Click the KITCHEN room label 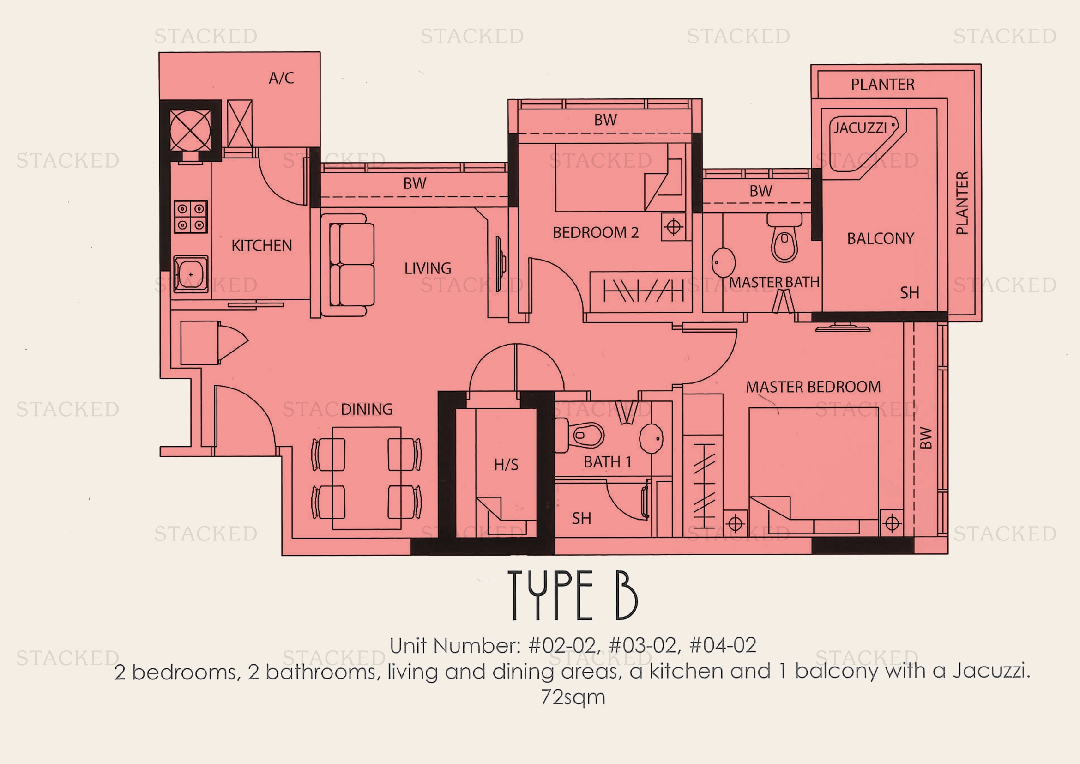coord(261,246)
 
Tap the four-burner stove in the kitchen coord(191,217)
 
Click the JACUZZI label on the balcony coord(860,128)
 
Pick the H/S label coord(506,465)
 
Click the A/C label coord(281,78)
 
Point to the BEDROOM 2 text coord(596,233)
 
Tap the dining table coord(367,478)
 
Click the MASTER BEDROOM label coord(813,387)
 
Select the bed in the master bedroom coord(813,466)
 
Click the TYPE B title coord(573,595)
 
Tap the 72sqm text coord(573,697)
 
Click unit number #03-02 coord(644,645)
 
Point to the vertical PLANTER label coord(962,203)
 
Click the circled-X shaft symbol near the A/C coord(190,130)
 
